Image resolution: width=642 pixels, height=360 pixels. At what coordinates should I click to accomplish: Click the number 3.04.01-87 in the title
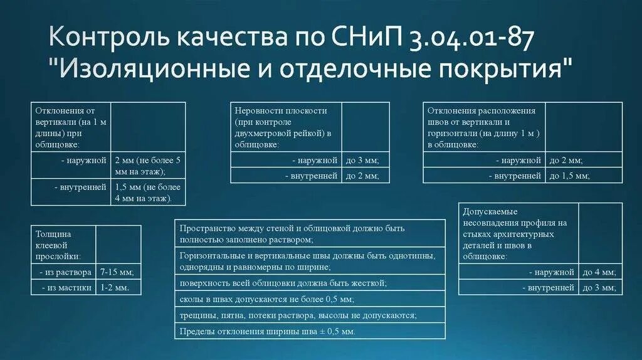pyautogui.click(x=471, y=40)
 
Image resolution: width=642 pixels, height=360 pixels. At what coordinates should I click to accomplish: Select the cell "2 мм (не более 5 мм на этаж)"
pyautogui.click(x=149, y=166)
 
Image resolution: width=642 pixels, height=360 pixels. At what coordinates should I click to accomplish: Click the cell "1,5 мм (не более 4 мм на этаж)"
pyautogui.click(x=149, y=193)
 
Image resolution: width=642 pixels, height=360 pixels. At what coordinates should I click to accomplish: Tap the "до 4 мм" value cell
pyautogui.click(x=599, y=272)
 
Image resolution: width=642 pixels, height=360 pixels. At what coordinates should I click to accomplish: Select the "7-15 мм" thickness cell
pyautogui.click(x=117, y=272)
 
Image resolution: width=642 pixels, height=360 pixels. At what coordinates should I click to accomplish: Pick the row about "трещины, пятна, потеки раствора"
pyautogui.click(x=298, y=315)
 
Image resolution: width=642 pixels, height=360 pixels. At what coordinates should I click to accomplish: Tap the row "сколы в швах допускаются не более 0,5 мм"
pyautogui.click(x=266, y=299)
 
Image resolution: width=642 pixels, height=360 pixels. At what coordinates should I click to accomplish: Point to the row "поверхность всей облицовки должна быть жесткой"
pyautogui.click(x=282, y=283)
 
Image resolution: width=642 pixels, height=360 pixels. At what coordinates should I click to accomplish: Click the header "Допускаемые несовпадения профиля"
pyautogui.click(x=518, y=234)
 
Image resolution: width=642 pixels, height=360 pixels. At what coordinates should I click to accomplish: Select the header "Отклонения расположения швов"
pyautogui.click(x=483, y=127)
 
